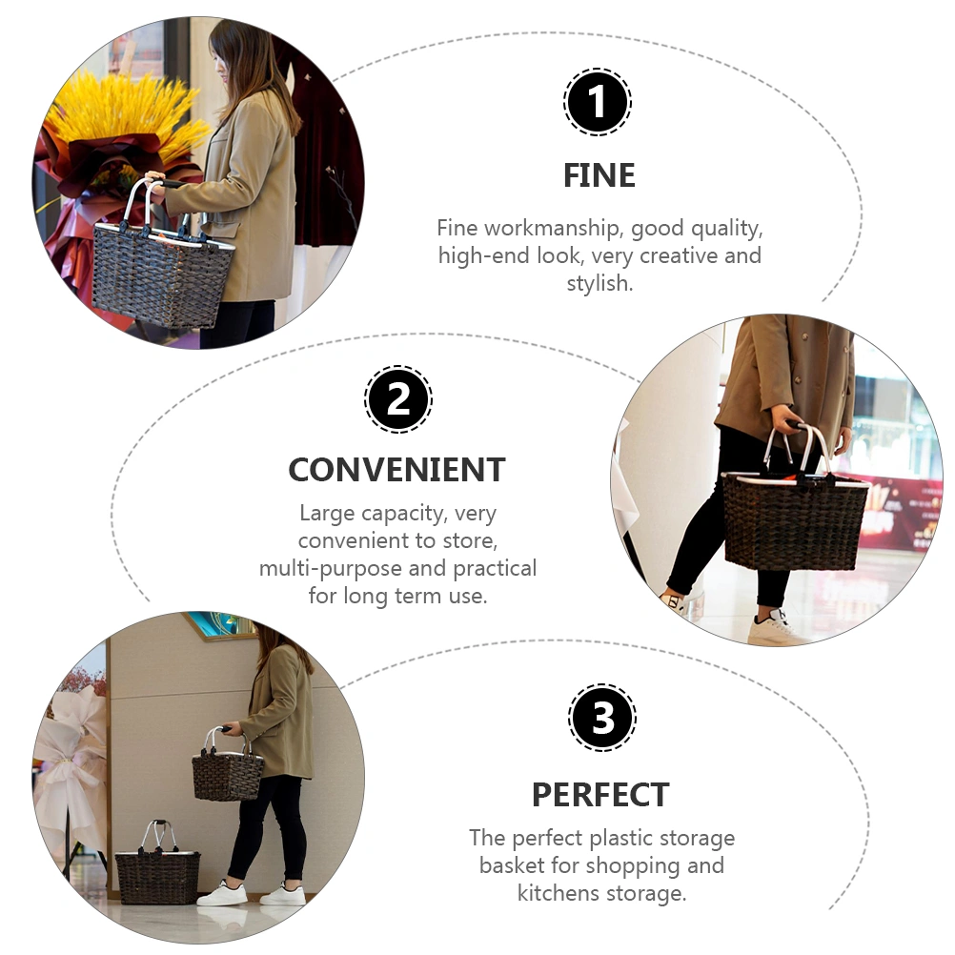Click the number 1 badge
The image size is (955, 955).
pos(597,102)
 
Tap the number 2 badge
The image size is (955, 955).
pos(398,399)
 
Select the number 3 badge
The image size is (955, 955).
pos(601,717)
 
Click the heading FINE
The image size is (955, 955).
pos(599,176)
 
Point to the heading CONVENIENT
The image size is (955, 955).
pos(397,470)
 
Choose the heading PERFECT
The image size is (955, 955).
pos(600,795)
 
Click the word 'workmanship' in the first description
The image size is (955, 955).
pos(553,229)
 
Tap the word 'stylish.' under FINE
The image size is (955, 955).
pos(599,283)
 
